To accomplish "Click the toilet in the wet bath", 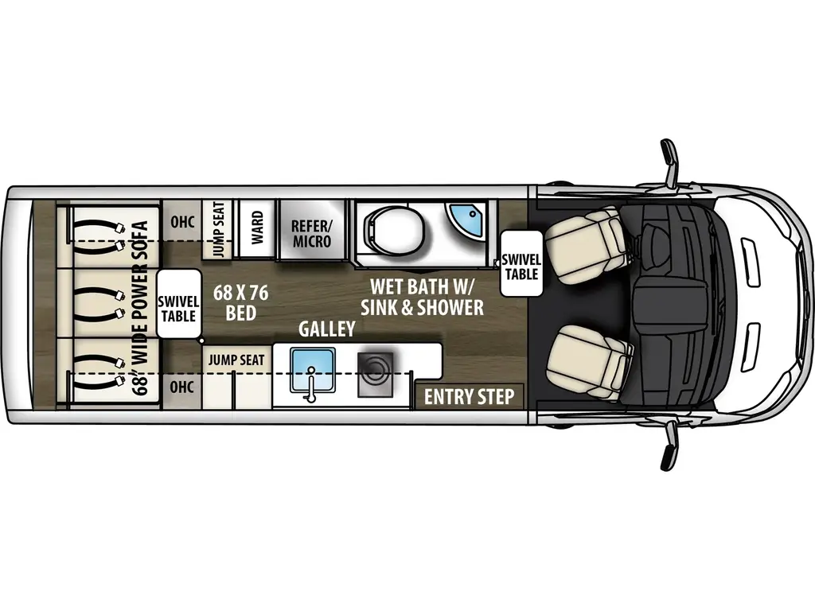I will pyautogui.click(x=385, y=228).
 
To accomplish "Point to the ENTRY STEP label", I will pyautogui.click(x=469, y=396).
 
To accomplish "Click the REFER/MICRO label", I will pyautogui.click(x=311, y=232).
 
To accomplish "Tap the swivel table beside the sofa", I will pyautogui.click(x=178, y=305).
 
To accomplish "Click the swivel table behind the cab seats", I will pyautogui.click(x=521, y=263).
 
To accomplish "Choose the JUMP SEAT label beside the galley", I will pyautogui.click(x=236, y=360).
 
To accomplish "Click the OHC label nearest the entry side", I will pyautogui.click(x=182, y=387).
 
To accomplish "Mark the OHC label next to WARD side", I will pyautogui.click(x=182, y=222).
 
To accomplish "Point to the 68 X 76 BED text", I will pyautogui.click(x=240, y=302).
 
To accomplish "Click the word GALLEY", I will pyautogui.click(x=326, y=329).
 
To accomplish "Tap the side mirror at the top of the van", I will pyautogui.click(x=670, y=163).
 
